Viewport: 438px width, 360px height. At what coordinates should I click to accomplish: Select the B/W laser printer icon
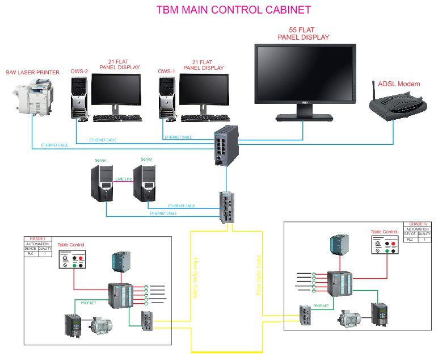(30, 97)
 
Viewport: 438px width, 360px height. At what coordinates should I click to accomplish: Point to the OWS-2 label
(79, 72)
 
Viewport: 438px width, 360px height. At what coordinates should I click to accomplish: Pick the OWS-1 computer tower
(167, 97)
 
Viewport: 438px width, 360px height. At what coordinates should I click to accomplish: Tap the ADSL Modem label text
(401, 84)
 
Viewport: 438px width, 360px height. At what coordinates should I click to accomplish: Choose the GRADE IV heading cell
(415, 224)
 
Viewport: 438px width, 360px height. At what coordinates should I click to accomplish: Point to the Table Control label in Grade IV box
(384, 232)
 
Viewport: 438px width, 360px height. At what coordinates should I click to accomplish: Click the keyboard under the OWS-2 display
(117, 118)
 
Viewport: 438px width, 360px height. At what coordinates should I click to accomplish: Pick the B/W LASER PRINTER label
(32, 73)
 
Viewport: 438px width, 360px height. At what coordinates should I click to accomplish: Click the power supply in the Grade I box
(121, 262)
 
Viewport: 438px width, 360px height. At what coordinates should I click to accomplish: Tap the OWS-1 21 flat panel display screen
(203, 90)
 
